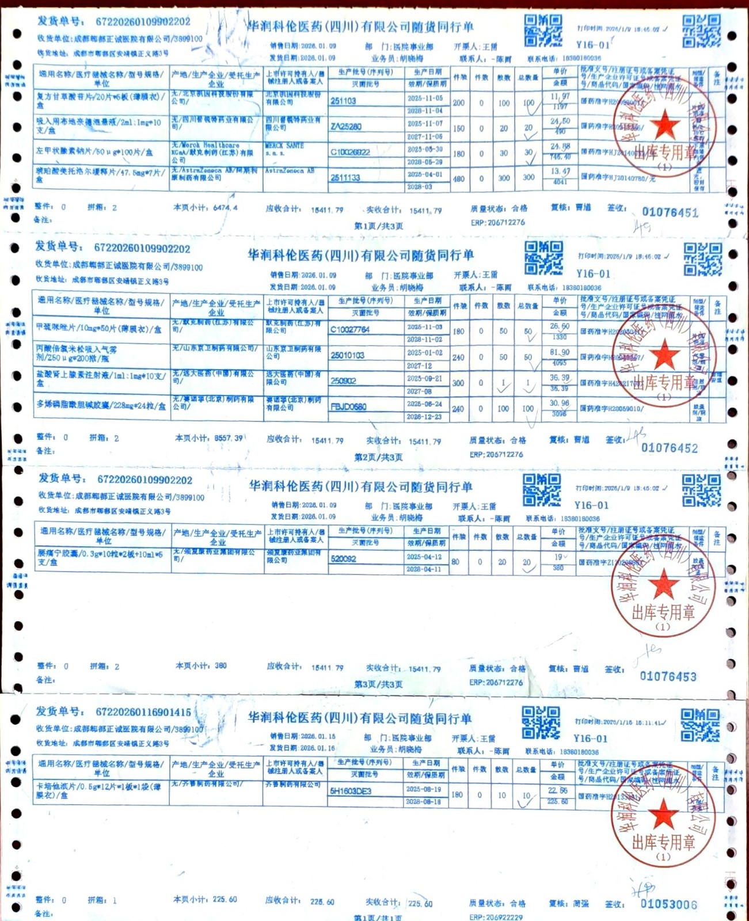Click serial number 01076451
click(670, 212)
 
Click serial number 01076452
click(669, 448)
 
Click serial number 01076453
click(668, 676)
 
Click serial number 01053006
click(668, 904)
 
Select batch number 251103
click(343, 101)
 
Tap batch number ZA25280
click(346, 127)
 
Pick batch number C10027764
click(350, 330)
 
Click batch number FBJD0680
click(348, 407)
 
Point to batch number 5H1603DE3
click(350, 791)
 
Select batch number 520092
click(343, 558)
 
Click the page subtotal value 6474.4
click(225, 207)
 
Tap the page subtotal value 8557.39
click(229, 438)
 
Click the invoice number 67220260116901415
click(143, 712)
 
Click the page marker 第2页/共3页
click(378, 457)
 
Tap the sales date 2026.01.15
click(318, 736)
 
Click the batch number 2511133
click(345, 178)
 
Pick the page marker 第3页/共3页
click(378, 684)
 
